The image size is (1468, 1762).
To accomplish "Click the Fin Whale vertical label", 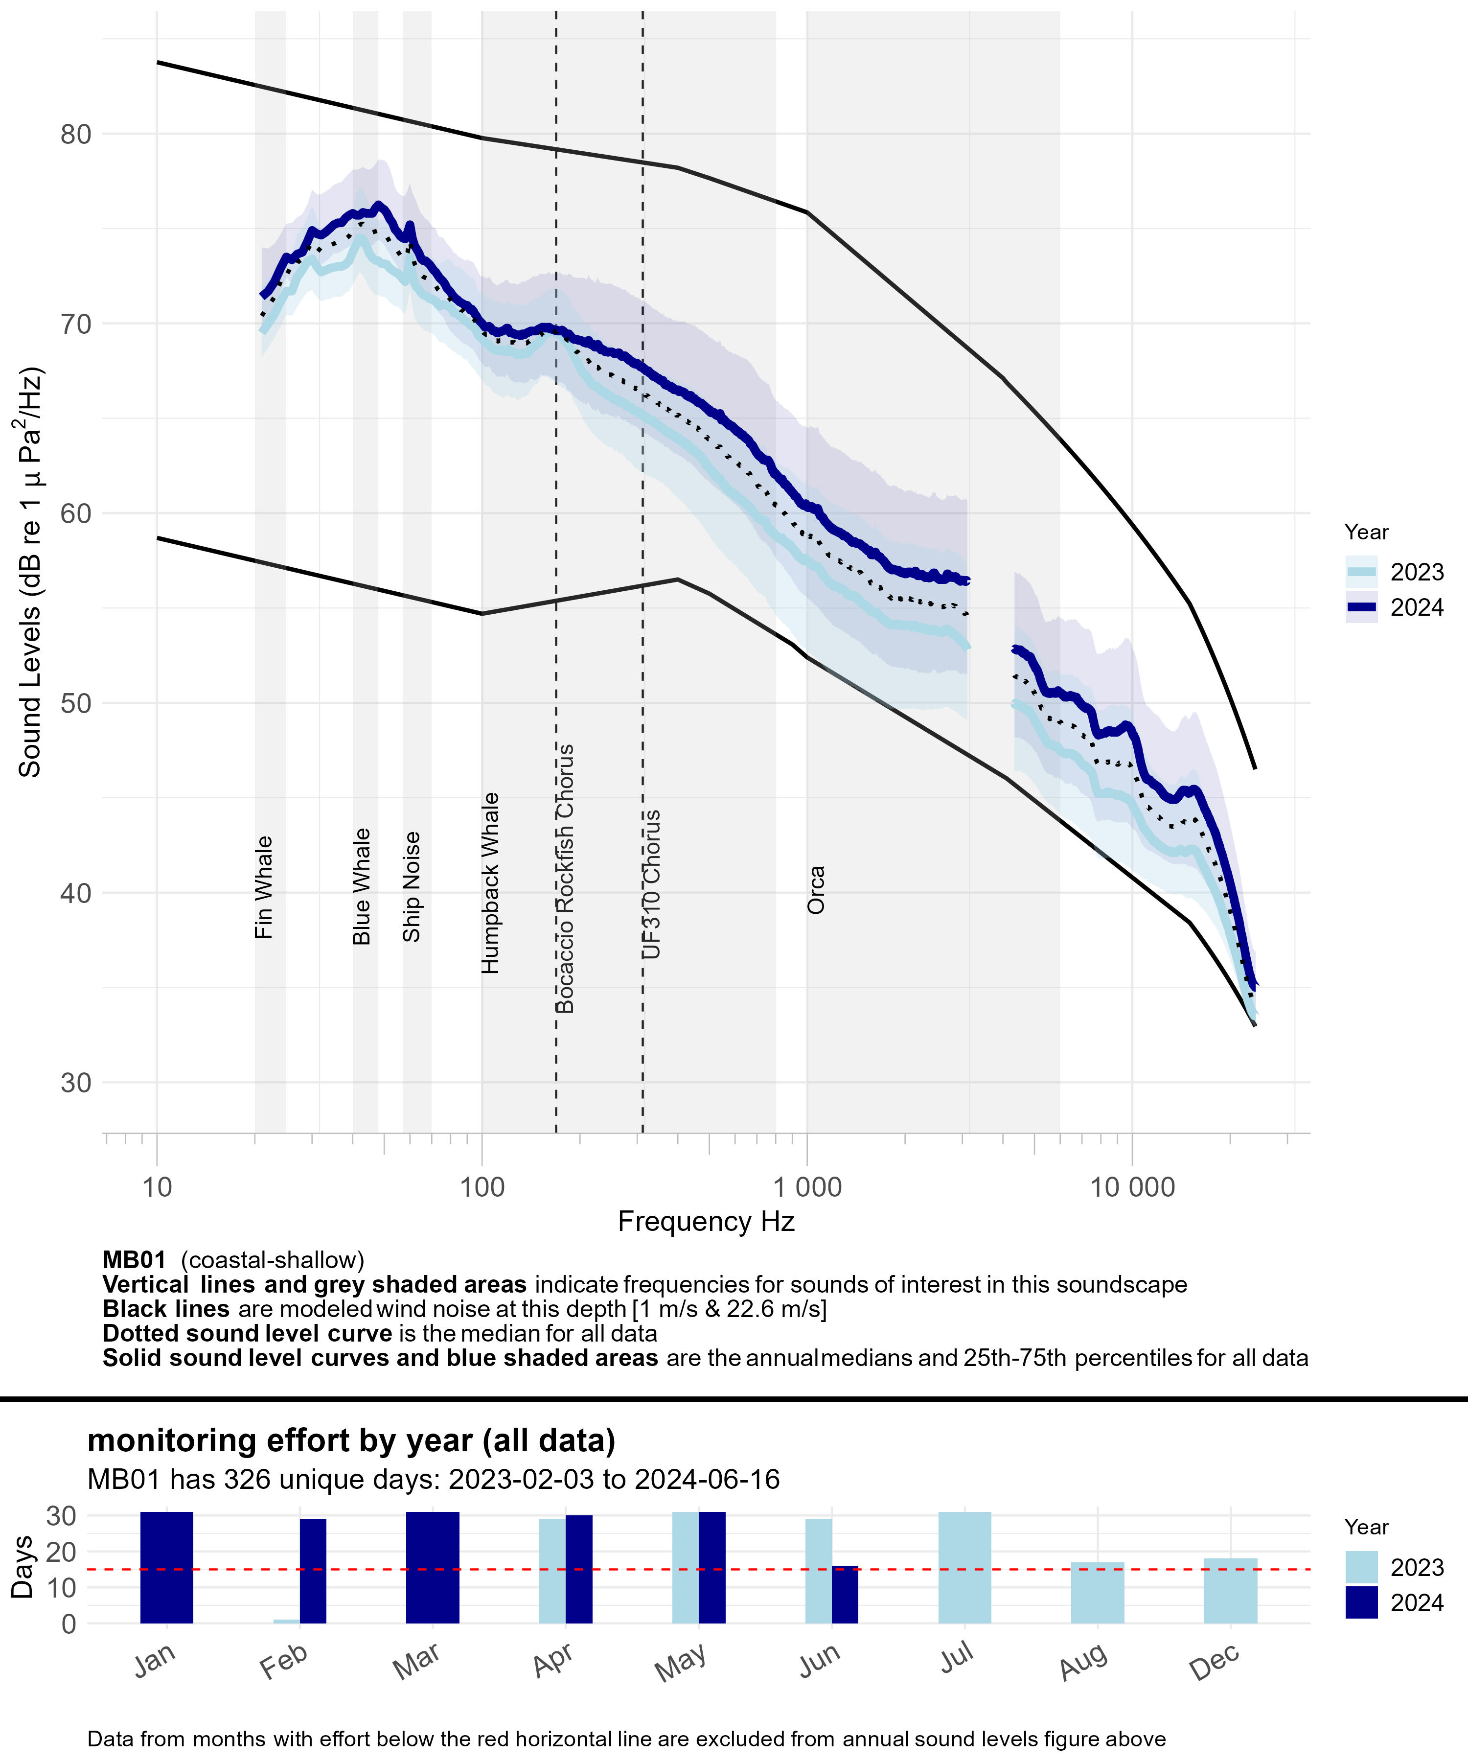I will click(x=263, y=887).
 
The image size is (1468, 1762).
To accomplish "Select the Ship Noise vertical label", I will click(x=411, y=887).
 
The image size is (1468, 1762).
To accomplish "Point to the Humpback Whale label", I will click(x=490, y=882).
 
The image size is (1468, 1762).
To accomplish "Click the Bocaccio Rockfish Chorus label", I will click(x=565, y=879).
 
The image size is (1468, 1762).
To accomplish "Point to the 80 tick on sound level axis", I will click(x=75, y=134).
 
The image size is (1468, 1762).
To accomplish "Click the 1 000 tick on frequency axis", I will click(x=807, y=1187).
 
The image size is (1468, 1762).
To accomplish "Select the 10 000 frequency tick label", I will click(x=1132, y=1187).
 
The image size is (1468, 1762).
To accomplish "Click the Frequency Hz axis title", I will click(x=706, y=1222).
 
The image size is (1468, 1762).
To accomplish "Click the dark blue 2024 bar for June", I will click(x=845, y=1594).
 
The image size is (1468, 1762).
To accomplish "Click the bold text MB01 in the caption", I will click(x=134, y=1260).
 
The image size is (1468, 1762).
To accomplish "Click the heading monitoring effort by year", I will click(x=351, y=1440).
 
